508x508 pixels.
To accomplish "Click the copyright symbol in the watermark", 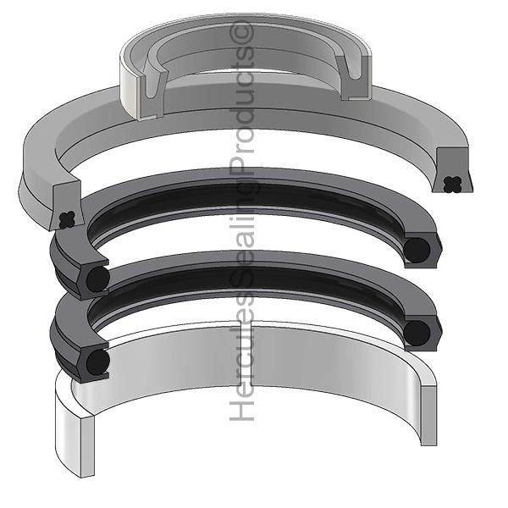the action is [241, 32].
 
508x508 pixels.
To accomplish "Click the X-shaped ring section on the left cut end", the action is [67, 219].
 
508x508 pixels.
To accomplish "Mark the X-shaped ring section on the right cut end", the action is [453, 184].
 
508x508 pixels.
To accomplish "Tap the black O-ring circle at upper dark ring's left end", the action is [98, 279].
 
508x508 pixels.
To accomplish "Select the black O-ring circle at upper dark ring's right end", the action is [417, 251].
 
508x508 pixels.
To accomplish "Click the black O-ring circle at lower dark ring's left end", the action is [98, 362].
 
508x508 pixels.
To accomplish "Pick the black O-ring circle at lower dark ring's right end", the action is [417, 333].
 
